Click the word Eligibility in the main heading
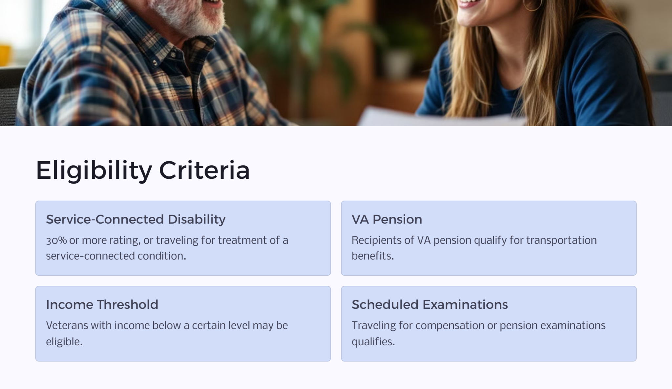pos(94,171)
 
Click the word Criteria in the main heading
pos(204,171)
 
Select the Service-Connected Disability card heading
pos(136,219)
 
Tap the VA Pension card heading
pos(387,219)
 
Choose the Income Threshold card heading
pos(102,305)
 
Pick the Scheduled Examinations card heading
pos(430,305)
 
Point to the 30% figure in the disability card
pos(56,240)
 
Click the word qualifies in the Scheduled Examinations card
pos(373,342)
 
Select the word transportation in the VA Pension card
pos(561,240)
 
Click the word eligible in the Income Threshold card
pos(64,342)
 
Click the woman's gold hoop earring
pos(532,5)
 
